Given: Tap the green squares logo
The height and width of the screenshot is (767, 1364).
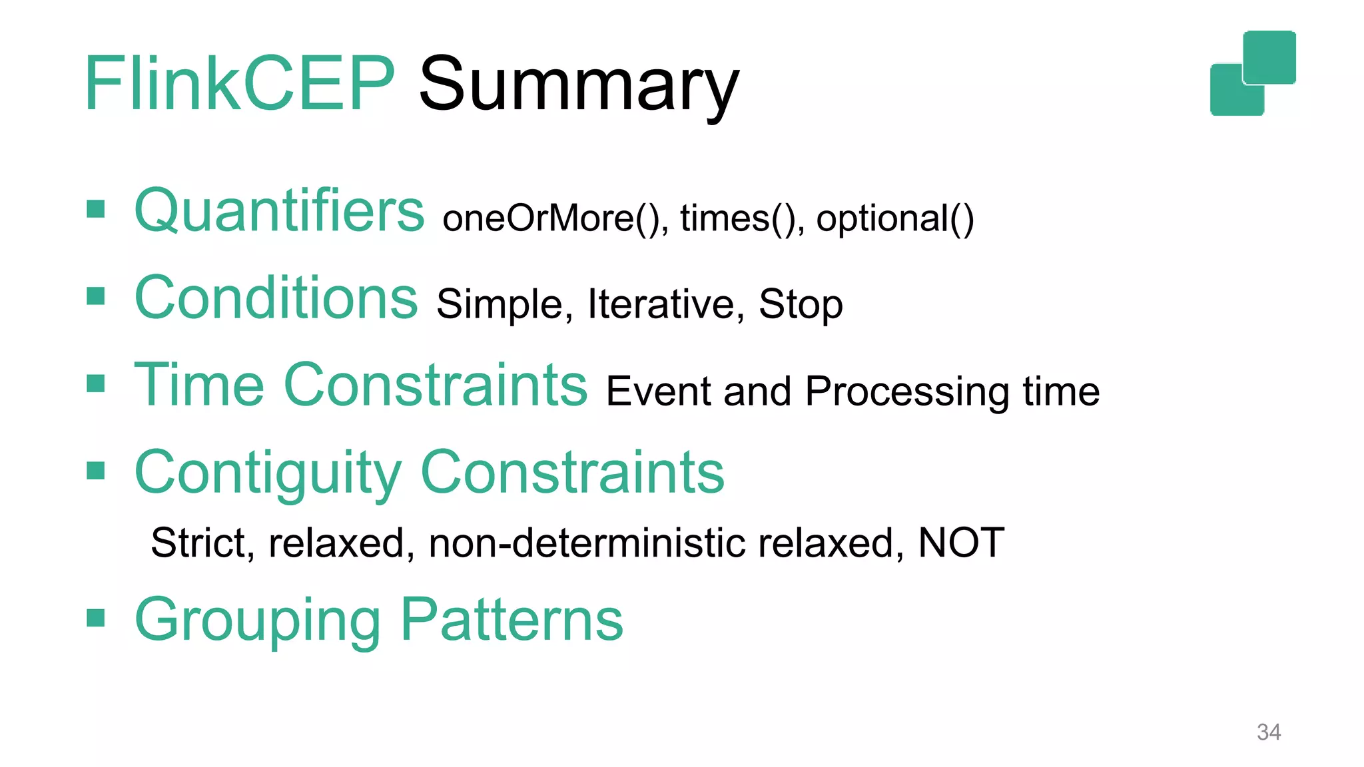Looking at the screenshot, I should coord(1252,73).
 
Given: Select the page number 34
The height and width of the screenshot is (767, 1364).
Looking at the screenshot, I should coord(1268,732).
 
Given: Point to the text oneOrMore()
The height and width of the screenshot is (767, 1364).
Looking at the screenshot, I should coord(555,218).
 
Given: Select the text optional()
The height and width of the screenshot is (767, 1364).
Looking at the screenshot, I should coord(894,218).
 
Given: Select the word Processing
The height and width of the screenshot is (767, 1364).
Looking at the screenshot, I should coord(907,391).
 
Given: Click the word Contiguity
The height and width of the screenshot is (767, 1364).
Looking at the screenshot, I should coord(268,473).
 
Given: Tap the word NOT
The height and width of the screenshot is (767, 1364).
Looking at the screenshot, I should coord(960,543).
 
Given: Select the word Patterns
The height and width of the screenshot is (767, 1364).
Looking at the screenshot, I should coord(511,619).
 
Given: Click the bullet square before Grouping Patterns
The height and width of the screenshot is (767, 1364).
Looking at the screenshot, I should coord(96,618).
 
